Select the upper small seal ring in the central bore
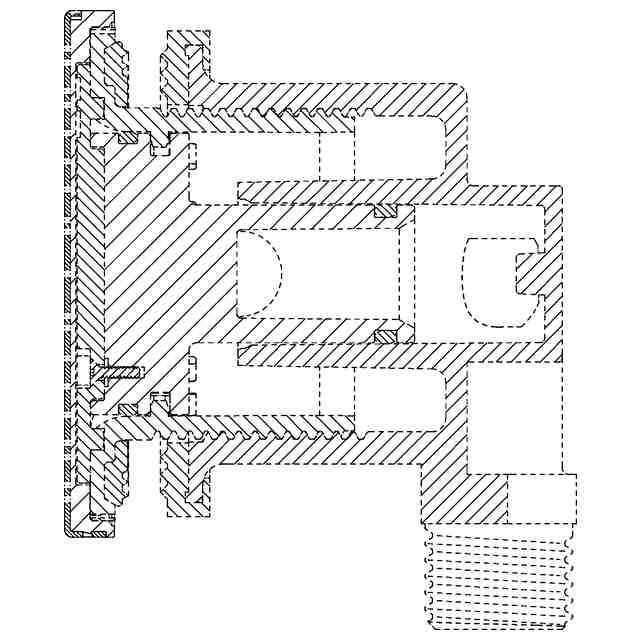click(x=385, y=211)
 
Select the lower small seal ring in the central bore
click(x=386, y=334)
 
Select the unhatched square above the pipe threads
click(x=541, y=498)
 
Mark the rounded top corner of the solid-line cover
click(x=71, y=16)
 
